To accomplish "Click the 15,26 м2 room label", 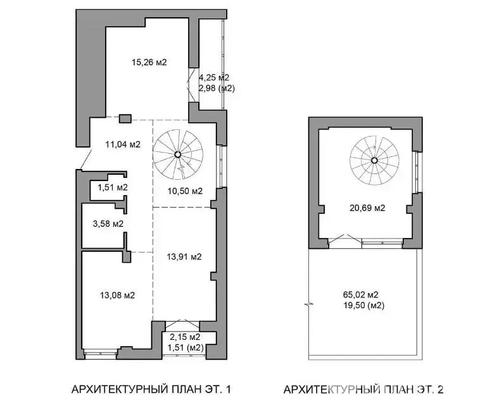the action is (149, 63).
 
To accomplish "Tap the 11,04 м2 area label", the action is (123, 144).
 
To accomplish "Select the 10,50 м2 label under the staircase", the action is (185, 191).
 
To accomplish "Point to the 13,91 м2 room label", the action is (184, 257).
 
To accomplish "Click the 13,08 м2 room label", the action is (117, 295).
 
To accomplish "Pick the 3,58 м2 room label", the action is (108, 224).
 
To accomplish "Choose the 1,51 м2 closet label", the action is (113, 188).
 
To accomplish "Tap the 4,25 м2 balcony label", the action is (214, 77).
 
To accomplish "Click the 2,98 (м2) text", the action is (217, 89).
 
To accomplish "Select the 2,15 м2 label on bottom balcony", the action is (185, 337).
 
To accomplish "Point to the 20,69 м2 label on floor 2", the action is (367, 208).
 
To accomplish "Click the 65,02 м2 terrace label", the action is (360, 295).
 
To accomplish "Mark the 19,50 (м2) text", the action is (364, 305).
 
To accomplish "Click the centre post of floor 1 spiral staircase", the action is (177, 154).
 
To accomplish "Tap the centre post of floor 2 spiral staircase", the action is (374, 160).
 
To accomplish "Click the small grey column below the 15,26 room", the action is (125, 119).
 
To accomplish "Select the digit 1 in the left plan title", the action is (228, 389).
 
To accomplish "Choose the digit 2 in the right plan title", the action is (441, 389).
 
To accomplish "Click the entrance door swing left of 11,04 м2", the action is (85, 160).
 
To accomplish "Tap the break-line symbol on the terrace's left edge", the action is (309, 305).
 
